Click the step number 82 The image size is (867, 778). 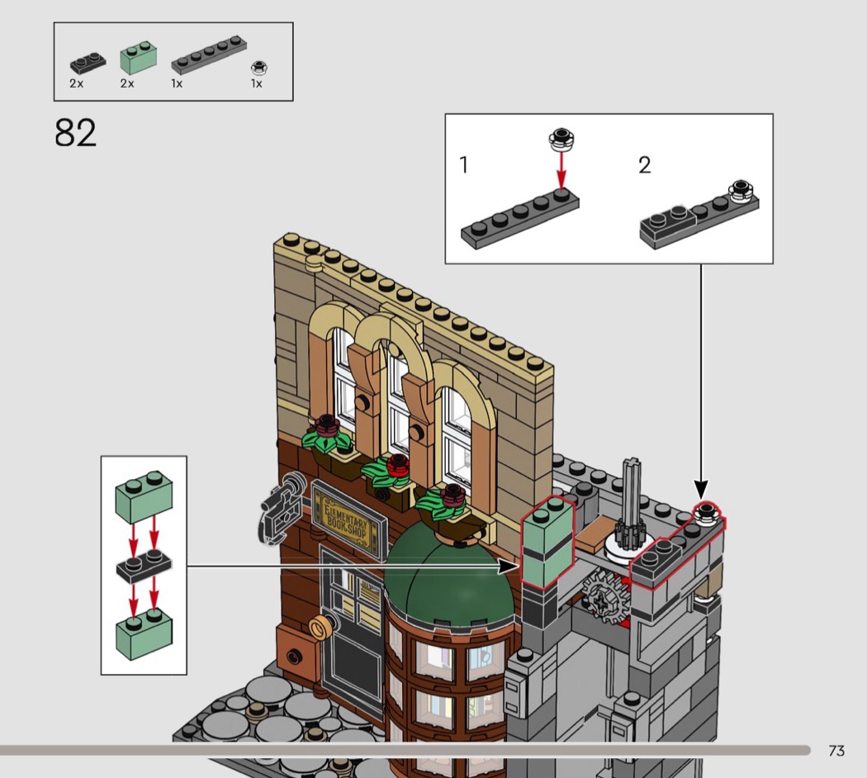pyautogui.click(x=75, y=133)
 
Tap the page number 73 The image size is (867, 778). pyautogui.click(x=836, y=751)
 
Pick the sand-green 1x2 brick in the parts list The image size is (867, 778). pyautogui.click(x=138, y=58)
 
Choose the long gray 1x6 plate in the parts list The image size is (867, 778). pyautogui.click(x=209, y=55)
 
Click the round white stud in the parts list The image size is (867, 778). pyautogui.click(x=258, y=68)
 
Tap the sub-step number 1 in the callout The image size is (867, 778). pyautogui.click(x=463, y=165)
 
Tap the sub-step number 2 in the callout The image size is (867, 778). pyautogui.click(x=645, y=165)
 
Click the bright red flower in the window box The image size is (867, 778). pyautogui.click(x=397, y=465)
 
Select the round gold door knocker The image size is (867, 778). pyautogui.click(x=320, y=628)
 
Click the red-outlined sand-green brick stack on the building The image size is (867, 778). pyautogui.click(x=548, y=541)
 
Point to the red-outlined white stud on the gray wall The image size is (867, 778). pyautogui.click(x=707, y=514)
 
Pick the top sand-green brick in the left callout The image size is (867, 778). pyautogui.click(x=143, y=496)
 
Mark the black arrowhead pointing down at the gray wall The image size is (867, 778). pyautogui.click(x=701, y=490)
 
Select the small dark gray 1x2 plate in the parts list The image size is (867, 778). pyautogui.click(x=88, y=63)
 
